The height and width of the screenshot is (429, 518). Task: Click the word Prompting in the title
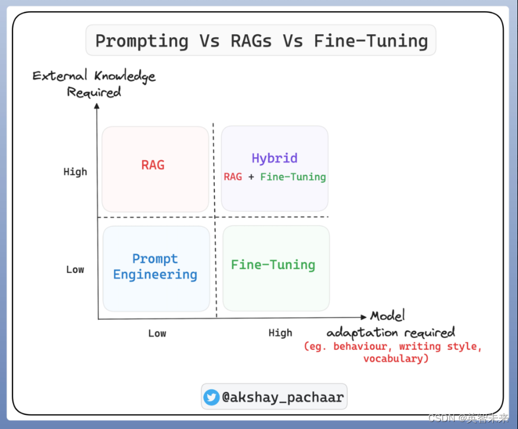click(142, 41)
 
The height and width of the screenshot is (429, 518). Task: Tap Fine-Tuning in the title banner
click(371, 41)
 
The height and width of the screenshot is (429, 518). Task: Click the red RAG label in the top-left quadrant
click(153, 165)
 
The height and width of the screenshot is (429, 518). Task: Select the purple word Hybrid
click(274, 158)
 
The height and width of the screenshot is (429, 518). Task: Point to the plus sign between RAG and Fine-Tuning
click(251, 177)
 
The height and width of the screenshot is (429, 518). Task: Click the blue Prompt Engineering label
click(155, 267)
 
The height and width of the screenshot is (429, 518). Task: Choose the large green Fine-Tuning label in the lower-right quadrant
click(273, 265)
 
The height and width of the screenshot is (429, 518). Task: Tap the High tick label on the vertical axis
click(75, 172)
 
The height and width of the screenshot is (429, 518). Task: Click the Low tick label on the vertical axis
click(75, 269)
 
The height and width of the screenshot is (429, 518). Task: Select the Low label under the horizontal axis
click(157, 333)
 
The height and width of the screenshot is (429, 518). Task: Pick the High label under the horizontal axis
click(280, 333)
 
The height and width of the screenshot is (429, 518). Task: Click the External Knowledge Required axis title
click(94, 83)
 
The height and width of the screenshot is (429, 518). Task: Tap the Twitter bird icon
click(211, 397)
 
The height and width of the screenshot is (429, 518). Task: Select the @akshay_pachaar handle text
click(283, 397)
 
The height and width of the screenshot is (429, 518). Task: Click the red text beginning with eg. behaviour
click(393, 352)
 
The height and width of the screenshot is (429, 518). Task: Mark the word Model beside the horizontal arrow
click(388, 316)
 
